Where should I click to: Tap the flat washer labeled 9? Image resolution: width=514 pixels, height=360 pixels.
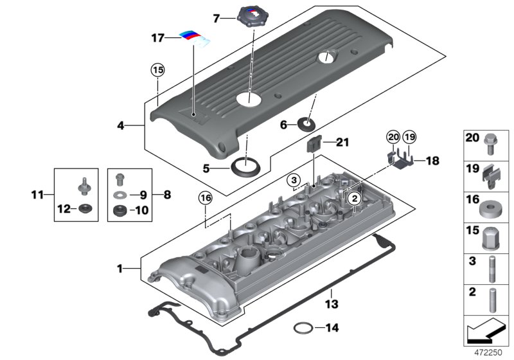[120, 194]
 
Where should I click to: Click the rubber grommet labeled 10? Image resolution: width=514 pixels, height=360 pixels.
[119, 210]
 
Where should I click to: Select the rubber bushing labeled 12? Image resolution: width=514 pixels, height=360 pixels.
[84, 208]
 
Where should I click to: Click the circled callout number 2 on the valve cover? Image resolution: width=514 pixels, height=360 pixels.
[353, 200]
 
